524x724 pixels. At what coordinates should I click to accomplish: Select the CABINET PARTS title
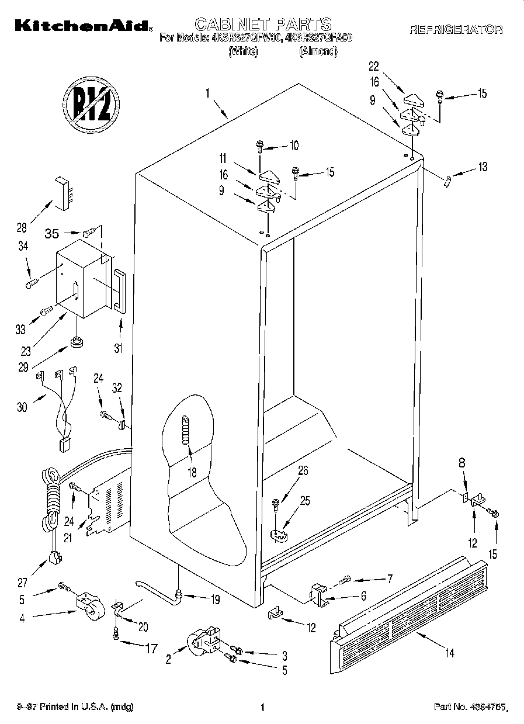[263, 25]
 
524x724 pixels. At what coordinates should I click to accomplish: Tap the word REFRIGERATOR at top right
[456, 30]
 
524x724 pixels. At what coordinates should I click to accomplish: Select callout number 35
[52, 234]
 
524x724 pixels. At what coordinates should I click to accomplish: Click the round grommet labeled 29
[76, 341]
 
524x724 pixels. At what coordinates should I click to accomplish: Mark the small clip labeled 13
[447, 181]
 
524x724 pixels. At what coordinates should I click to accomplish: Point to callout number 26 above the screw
[303, 470]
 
